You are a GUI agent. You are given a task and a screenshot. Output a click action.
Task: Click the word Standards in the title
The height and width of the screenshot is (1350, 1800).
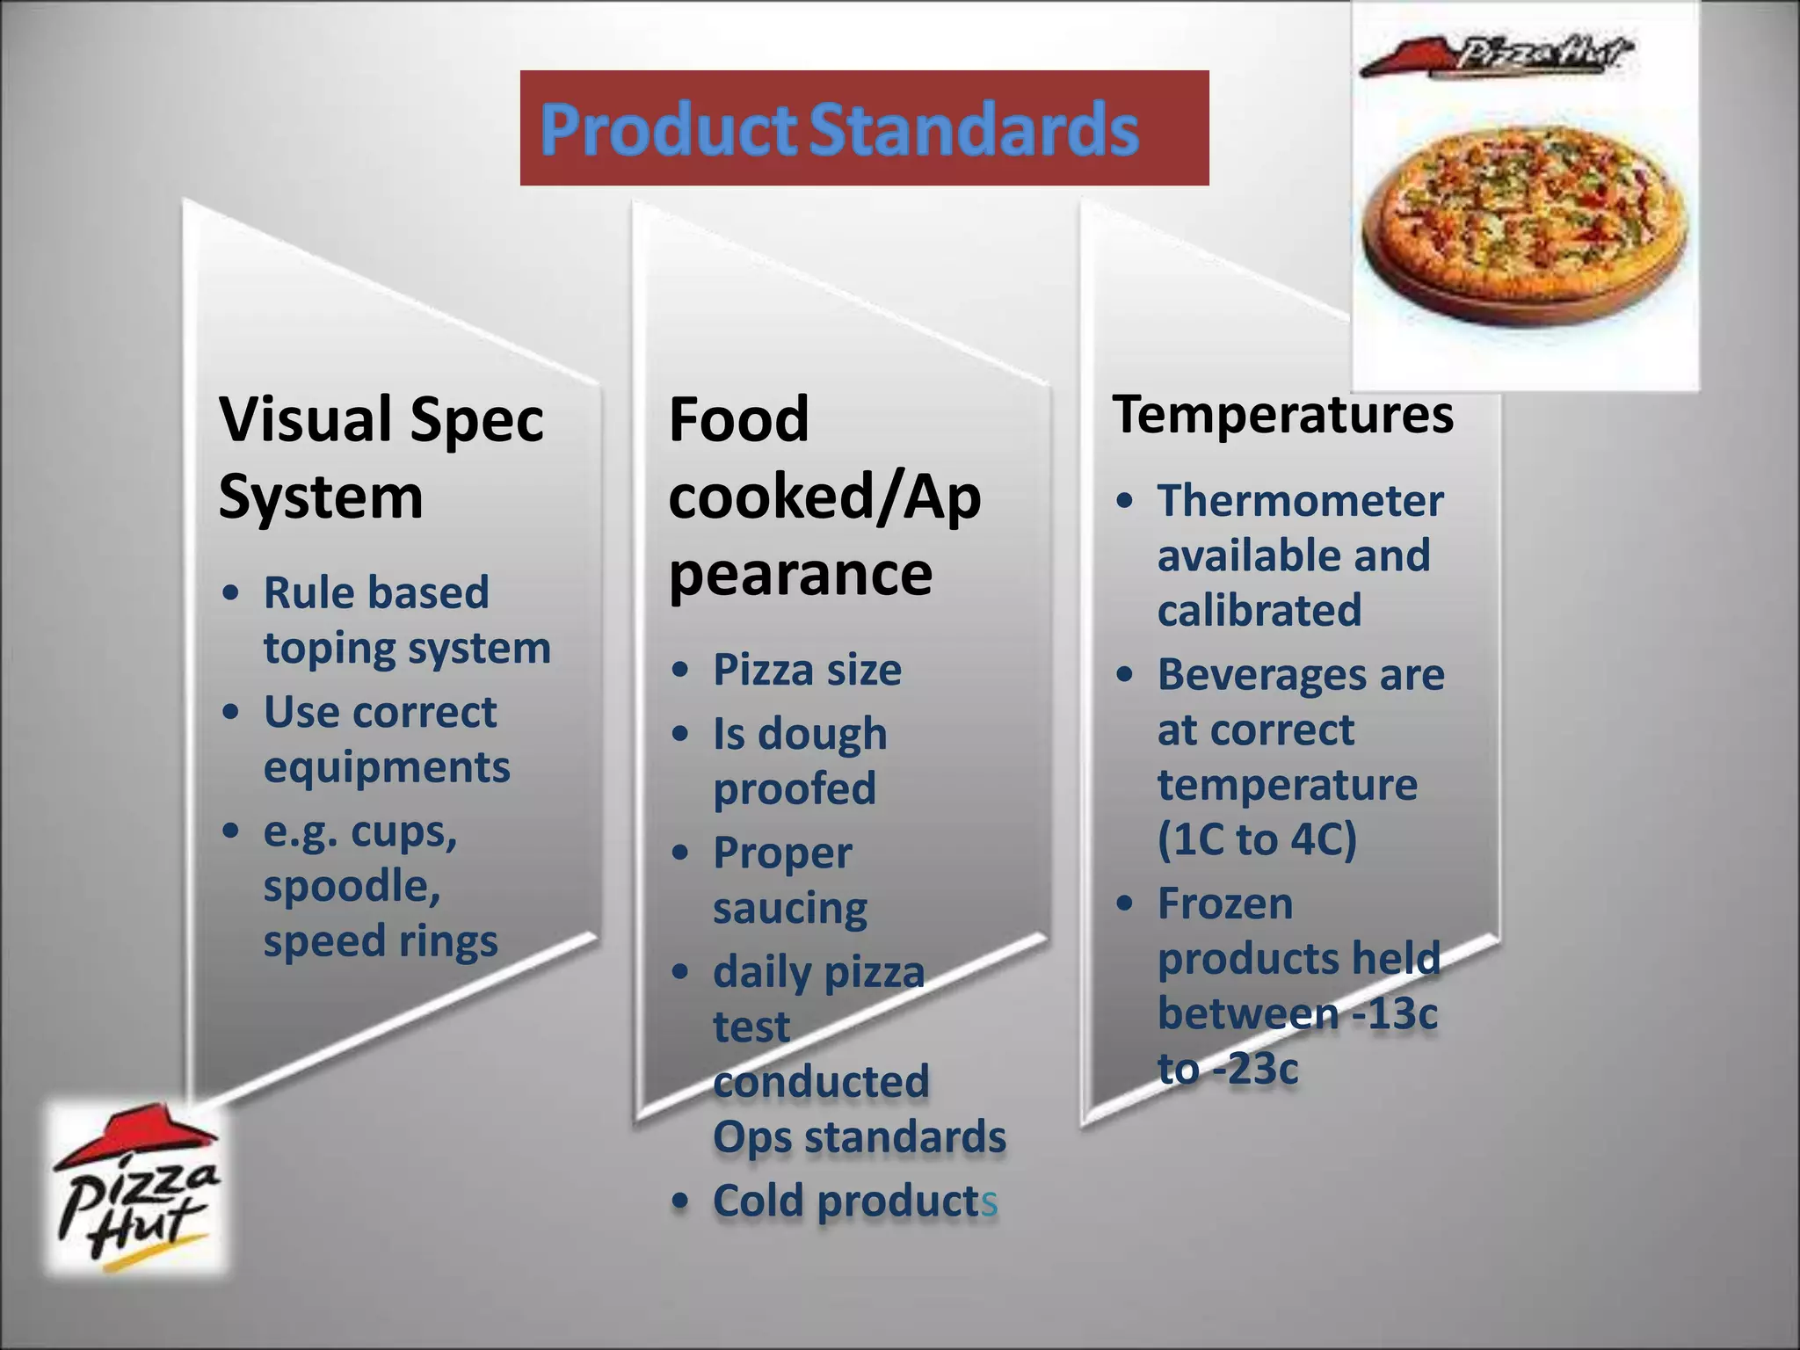pos(974,130)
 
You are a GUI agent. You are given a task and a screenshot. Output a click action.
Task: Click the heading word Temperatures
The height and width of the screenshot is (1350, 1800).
pos(1282,414)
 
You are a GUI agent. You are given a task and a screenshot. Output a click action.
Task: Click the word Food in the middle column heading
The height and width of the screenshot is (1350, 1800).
pos(738,419)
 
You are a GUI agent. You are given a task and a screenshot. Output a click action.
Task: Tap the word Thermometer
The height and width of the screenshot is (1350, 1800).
pos(1300,501)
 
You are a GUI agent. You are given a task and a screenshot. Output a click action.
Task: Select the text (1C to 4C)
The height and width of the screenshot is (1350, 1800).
pos(1257,838)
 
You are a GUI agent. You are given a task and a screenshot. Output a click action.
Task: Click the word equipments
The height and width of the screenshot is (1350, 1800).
pos(387,767)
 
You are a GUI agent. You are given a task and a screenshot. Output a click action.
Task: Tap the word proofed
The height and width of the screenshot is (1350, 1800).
pos(795,788)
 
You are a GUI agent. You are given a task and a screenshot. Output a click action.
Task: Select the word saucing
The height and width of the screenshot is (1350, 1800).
pos(790,908)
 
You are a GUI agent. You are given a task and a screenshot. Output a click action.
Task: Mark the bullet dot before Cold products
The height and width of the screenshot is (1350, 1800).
pos(679,1201)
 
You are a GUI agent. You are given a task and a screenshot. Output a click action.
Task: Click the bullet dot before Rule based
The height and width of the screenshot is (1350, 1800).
pos(230,592)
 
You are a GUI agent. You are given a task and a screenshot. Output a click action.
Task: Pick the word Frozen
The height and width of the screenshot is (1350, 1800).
pos(1225,904)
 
